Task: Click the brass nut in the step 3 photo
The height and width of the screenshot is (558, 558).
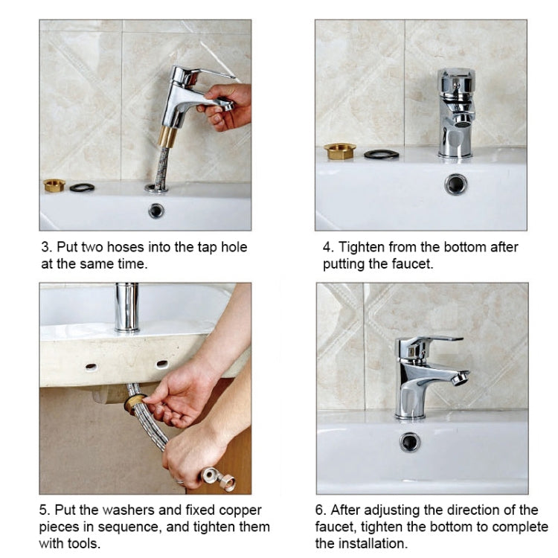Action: coord(54,185)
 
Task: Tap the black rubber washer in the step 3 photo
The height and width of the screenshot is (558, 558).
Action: coord(82,187)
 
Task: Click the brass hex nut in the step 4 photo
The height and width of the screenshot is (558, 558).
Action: coord(340,152)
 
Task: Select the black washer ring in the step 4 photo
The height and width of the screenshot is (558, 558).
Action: coord(381,154)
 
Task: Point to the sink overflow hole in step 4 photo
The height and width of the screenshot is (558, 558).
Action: coord(455,184)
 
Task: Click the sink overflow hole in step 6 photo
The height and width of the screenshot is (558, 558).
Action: coord(410,442)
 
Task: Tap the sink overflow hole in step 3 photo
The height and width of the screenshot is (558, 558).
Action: coord(155,211)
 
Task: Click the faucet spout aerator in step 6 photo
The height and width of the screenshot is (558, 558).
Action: coord(461,378)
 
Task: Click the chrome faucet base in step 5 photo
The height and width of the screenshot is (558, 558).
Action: coord(127,307)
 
